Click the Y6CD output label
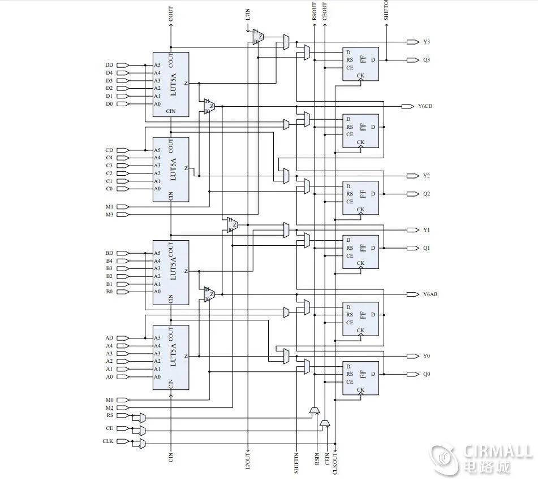[425, 106]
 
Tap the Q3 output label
[426, 60]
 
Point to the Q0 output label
[426, 374]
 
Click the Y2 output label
[426, 176]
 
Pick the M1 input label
[109, 207]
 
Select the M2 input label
[109, 407]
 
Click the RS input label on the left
[110, 415]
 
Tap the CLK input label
[107, 441]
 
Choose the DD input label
[109, 65]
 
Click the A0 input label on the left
[109, 377]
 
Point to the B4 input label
[109, 261]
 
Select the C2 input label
[109, 173]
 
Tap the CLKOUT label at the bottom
[335, 463]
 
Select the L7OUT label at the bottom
[247, 461]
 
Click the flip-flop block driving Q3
[360, 63]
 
